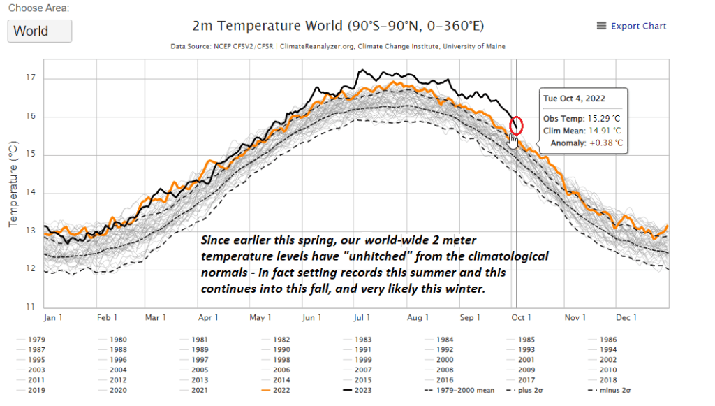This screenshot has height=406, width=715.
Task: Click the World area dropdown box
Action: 40,31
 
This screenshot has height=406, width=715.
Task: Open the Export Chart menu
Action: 631,26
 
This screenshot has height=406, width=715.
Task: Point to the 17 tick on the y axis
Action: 31,78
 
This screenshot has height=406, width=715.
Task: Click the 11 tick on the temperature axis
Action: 31,307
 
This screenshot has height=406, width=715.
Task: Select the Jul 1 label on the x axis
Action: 362,318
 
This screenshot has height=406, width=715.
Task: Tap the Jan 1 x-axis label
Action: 54,318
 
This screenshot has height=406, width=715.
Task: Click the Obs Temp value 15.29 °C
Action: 598,118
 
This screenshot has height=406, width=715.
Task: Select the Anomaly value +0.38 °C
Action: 605,143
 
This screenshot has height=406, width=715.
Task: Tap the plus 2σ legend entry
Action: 538,391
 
